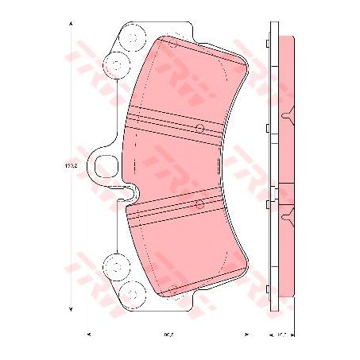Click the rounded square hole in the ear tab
106,166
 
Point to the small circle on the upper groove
200,128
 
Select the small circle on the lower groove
199,204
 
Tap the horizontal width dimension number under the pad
169,333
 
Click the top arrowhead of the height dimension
73,25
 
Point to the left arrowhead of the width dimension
89,333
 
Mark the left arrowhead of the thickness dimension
268,333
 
